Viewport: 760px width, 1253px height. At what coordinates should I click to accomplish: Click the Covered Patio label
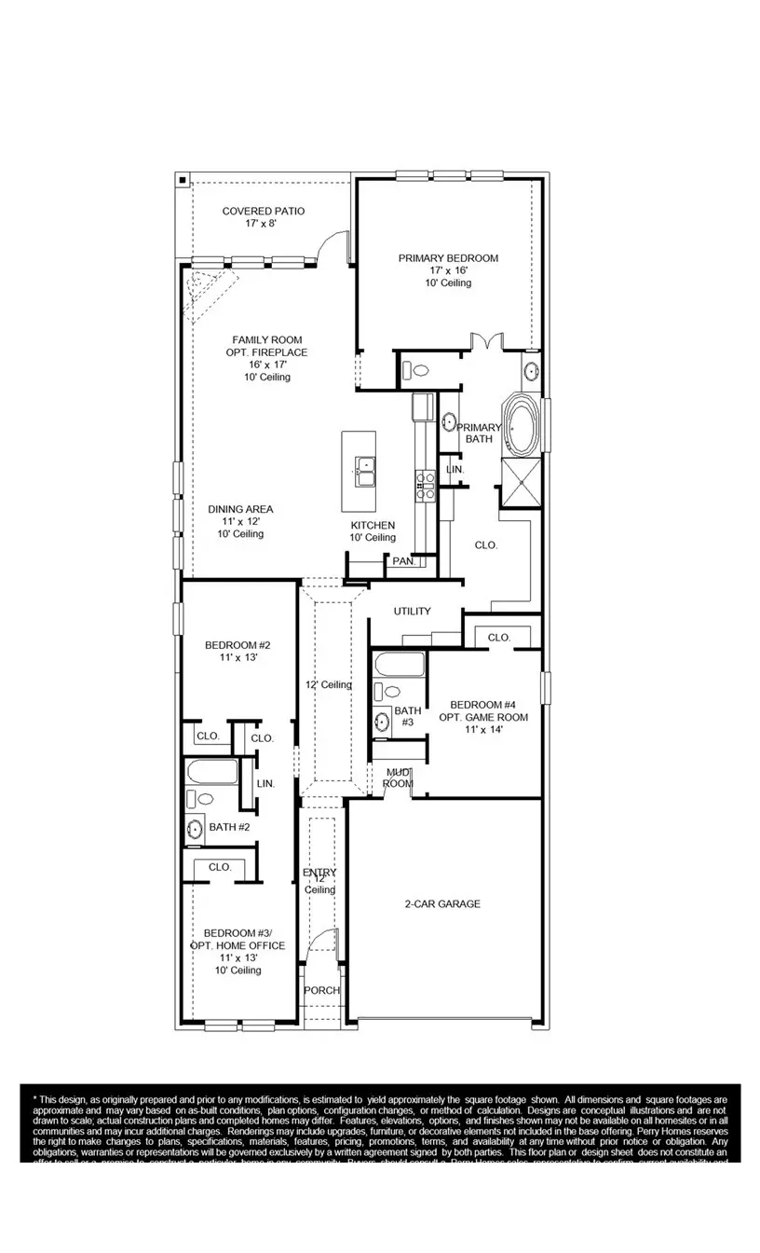pos(263,217)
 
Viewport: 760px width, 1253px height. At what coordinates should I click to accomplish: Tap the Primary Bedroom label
pos(448,269)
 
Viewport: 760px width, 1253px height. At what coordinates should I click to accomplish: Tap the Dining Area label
pos(240,521)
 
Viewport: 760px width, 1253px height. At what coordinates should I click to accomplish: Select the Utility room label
pos(412,612)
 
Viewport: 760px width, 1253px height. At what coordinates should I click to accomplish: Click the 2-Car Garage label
pos(442,903)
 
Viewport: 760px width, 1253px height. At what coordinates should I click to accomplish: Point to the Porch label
pos(322,990)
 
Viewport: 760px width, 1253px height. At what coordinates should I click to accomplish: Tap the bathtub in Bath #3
pos(400,665)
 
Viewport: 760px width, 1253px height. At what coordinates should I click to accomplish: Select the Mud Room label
pos(399,778)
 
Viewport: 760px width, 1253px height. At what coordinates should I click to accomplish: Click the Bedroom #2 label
pos(237,651)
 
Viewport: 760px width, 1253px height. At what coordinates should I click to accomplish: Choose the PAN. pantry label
pos(403,561)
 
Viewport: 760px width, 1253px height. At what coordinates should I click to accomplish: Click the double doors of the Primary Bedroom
pos(486,342)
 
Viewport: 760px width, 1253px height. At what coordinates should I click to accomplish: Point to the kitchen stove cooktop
pos(425,482)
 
